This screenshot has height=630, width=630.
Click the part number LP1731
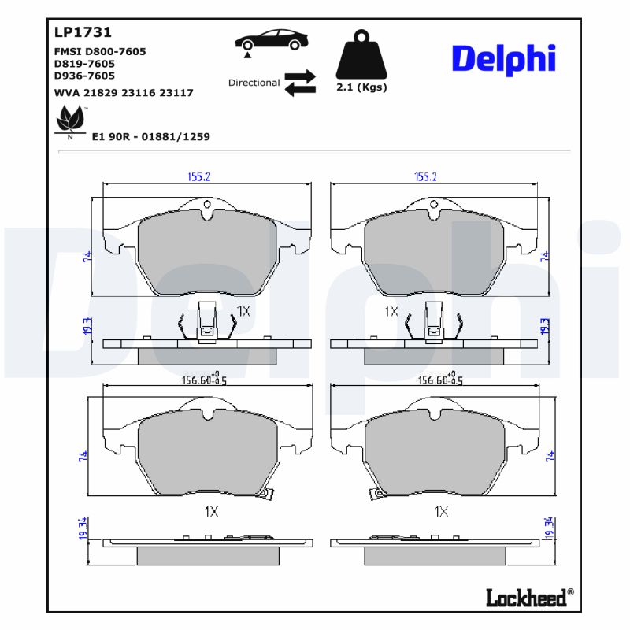(x=83, y=32)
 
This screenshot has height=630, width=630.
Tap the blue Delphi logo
(x=503, y=58)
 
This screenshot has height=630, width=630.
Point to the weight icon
(x=361, y=54)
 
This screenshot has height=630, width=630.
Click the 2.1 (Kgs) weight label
(x=361, y=87)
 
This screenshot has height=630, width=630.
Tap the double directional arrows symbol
(x=299, y=83)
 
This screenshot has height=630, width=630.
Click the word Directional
(x=254, y=83)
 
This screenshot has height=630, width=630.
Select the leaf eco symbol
(x=70, y=120)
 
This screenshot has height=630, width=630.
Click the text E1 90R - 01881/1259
(x=150, y=136)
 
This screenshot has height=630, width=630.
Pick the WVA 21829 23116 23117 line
(x=124, y=93)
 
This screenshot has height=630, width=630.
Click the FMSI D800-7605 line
(x=99, y=51)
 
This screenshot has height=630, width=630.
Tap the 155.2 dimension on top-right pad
(x=425, y=177)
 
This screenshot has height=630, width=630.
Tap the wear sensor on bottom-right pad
(x=377, y=494)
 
